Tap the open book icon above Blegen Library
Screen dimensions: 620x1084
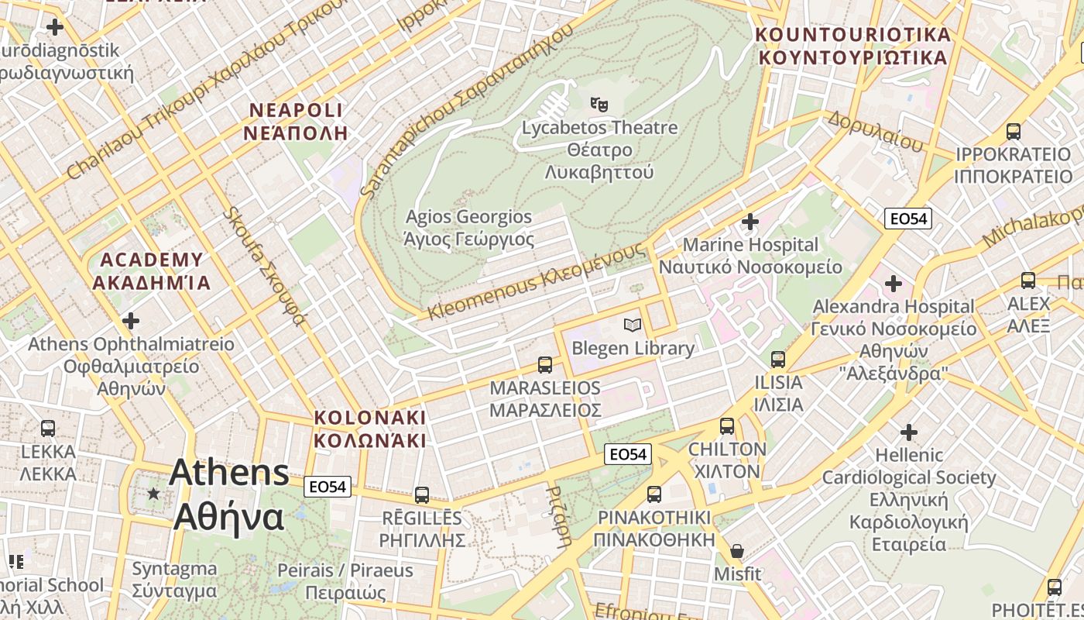click(x=633, y=325)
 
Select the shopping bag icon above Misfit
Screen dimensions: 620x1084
click(x=737, y=551)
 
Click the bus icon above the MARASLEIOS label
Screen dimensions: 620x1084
click(x=545, y=364)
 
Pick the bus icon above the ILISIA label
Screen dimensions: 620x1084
click(x=778, y=360)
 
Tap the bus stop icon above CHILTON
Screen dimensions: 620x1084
click(x=727, y=425)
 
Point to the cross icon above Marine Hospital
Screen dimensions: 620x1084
click(x=750, y=222)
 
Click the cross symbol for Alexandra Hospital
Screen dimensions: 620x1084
click(x=894, y=284)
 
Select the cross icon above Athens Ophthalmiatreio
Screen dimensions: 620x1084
click(x=132, y=320)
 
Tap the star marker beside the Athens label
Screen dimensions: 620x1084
click(x=153, y=493)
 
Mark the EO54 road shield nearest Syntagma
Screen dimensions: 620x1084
click(x=328, y=487)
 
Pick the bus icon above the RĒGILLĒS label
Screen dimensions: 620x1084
click(x=422, y=494)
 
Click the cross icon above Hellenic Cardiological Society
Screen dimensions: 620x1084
click(x=909, y=432)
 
